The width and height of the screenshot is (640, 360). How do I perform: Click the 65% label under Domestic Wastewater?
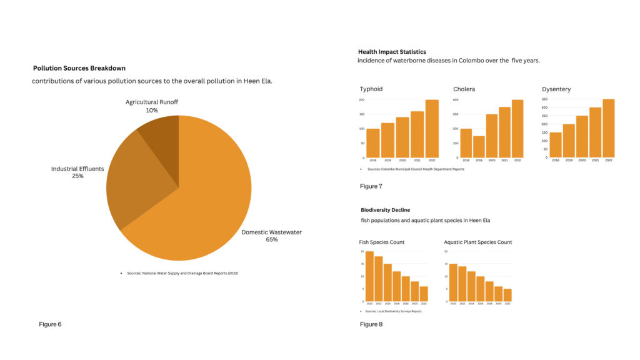(271, 240)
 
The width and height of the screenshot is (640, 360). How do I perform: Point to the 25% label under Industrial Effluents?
(77, 176)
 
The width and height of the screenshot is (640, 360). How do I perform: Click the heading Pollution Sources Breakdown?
(79, 68)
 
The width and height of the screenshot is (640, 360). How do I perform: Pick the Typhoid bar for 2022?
(432, 129)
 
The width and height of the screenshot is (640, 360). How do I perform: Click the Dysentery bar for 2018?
(555, 144)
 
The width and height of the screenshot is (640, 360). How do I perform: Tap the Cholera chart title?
(464, 89)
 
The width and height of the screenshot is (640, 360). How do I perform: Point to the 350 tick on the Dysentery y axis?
(544, 99)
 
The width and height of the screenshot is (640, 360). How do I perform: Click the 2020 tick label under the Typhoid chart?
(402, 161)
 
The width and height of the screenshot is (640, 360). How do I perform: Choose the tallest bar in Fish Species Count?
(369, 276)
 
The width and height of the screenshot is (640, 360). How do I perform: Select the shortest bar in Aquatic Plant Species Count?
(507, 295)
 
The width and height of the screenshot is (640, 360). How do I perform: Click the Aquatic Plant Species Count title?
(477, 242)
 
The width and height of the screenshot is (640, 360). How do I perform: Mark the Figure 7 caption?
(371, 186)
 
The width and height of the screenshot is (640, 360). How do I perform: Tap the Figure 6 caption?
(50, 324)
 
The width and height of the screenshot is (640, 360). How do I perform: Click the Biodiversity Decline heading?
(385, 210)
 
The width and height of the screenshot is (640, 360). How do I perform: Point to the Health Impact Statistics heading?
(392, 52)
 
